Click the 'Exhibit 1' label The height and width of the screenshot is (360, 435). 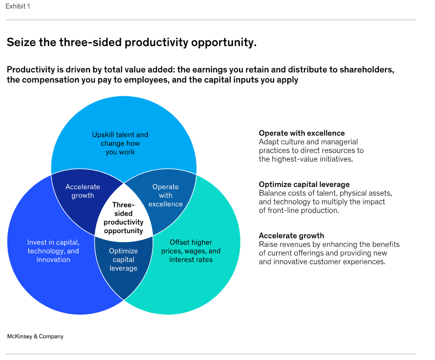click(x=18, y=6)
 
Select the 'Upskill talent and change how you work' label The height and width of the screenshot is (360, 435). click(x=120, y=143)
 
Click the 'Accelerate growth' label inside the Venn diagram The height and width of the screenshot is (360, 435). click(x=83, y=191)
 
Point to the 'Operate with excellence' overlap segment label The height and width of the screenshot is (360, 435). click(x=165, y=195)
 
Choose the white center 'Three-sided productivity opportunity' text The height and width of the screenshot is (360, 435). click(x=123, y=218)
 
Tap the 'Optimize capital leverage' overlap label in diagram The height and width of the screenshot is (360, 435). click(x=123, y=260)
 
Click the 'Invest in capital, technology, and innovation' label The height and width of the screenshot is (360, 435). click(x=53, y=251)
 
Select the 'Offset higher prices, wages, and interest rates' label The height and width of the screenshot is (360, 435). click(x=191, y=251)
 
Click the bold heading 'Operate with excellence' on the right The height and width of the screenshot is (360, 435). click(x=302, y=133)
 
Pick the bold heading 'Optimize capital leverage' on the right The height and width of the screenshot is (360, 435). click(x=304, y=184)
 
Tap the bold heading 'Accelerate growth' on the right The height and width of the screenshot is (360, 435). click(x=291, y=236)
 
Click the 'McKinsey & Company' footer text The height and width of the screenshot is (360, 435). click(x=35, y=336)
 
